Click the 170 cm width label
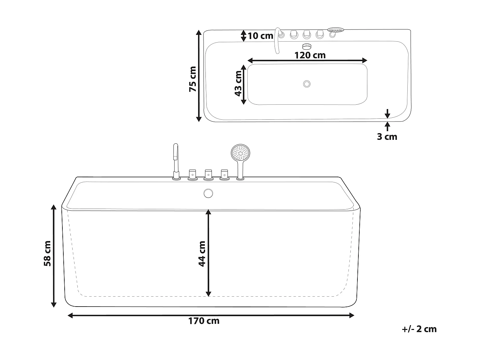(204, 321)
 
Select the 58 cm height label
(48, 253)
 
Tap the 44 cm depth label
(202, 253)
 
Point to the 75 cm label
(193, 79)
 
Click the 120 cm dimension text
(310, 55)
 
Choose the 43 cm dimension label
(238, 84)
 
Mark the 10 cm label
(260, 36)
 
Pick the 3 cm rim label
(387, 137)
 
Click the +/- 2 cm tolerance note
(419, 329)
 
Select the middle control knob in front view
(208, 174)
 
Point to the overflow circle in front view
(208, 193)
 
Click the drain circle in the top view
(307, 84)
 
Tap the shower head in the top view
(335, 30)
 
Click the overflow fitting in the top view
(307, 46)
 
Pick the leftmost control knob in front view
(192, 174)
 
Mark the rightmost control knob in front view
(224, 174)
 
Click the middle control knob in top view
(307, 34)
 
